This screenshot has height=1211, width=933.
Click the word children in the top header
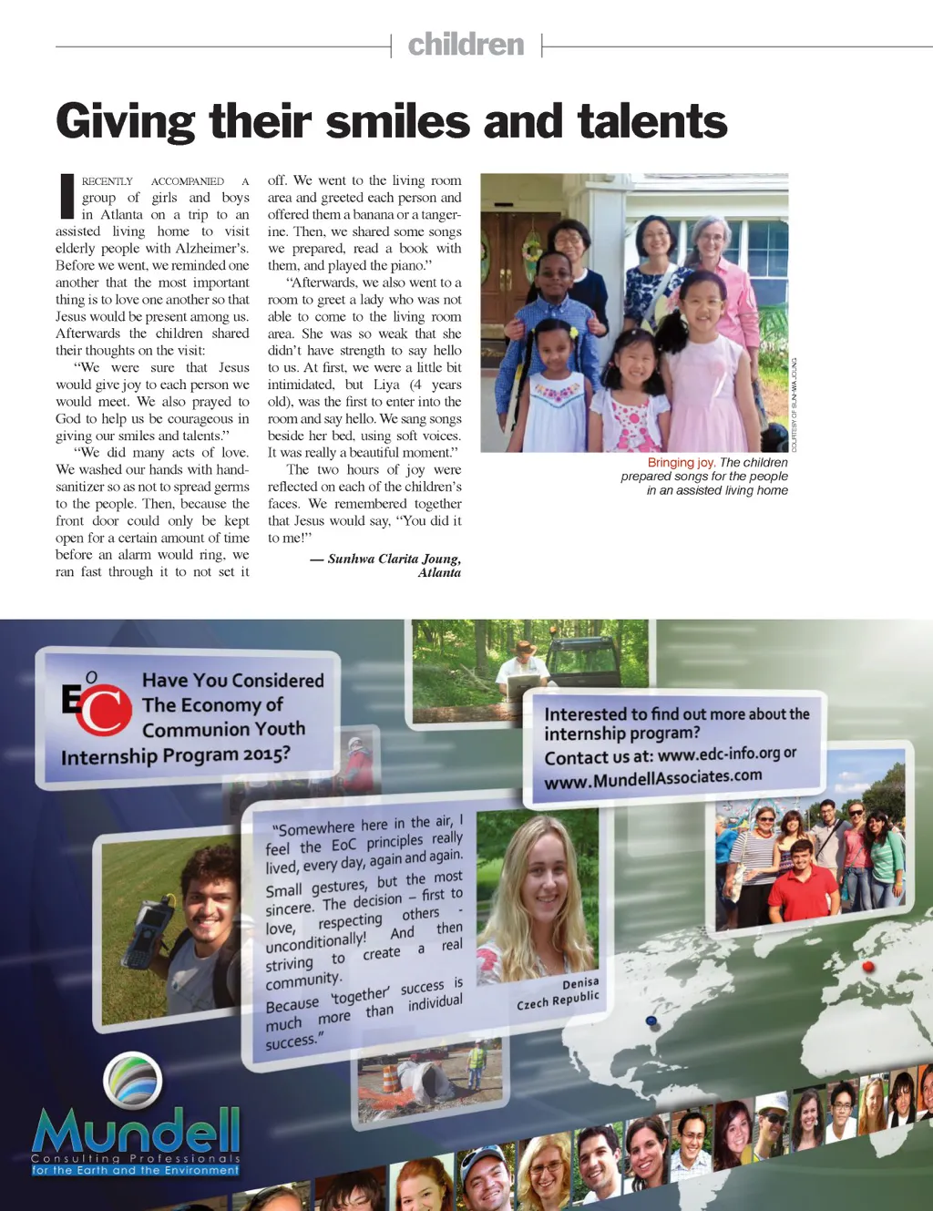[x=466, y=45]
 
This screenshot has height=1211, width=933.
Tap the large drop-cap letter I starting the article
[x=67, y=196]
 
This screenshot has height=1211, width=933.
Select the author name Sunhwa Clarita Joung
[x=394, y=559]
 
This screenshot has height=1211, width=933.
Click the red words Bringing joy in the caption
[x=681, y=463]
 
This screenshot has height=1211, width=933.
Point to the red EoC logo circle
[x=103, y=710]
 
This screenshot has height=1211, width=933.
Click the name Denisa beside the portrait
[x=580, y=983]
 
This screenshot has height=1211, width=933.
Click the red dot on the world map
[x=867, y=967]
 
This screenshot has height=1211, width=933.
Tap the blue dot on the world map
[x=651, y=1021]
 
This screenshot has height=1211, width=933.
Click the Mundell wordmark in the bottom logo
[x=137, y=1132]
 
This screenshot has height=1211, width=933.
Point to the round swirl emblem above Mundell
[x=133, y=1081]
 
